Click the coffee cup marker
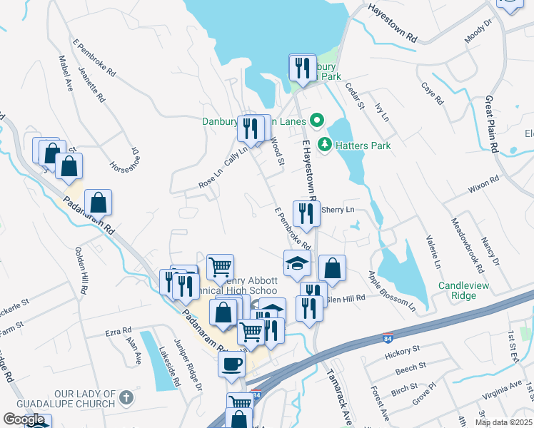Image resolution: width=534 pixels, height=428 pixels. click(x=231, y=364)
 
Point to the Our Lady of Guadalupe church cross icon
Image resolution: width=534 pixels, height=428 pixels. click(x=126, y=398)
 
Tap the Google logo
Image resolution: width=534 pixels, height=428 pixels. click(x=24, y=420)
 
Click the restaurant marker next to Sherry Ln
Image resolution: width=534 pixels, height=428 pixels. click(x=306, y=213)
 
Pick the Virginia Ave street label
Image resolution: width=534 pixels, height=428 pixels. click(x=502, y=388)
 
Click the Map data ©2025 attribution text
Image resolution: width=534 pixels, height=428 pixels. click(x=504, y=422)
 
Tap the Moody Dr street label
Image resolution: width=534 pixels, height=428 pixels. click(x=478, y=32)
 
